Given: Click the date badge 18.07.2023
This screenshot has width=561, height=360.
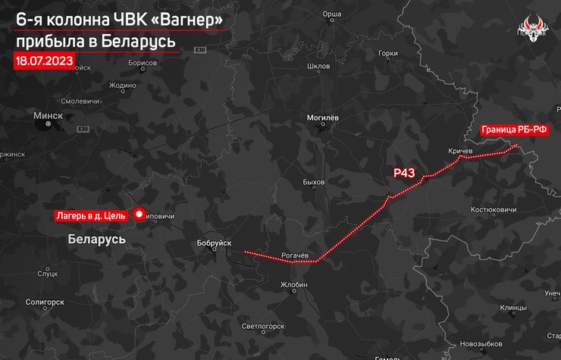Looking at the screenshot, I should (x=44, y=60).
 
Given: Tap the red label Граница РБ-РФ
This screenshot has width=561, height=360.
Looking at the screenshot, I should (x=514, y=130).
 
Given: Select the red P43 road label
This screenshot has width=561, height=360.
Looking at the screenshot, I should (x=404, y=173).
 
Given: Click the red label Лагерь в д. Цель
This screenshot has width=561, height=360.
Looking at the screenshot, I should (x=89, y=216).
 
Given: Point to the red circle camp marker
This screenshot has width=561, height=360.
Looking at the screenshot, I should (x=139, y=214).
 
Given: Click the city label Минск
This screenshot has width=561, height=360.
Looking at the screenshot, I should (x=48, y=116).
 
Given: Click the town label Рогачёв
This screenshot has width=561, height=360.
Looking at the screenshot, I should (x=294, y=255).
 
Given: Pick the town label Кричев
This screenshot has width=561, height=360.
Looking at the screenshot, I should (x=460, y=152).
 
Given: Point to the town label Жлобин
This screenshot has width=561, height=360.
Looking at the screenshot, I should (x=293, y=285).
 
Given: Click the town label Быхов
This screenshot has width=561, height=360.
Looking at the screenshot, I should (x=313, y=183).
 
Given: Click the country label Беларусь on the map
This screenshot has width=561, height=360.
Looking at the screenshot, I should (x=96, y=239).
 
